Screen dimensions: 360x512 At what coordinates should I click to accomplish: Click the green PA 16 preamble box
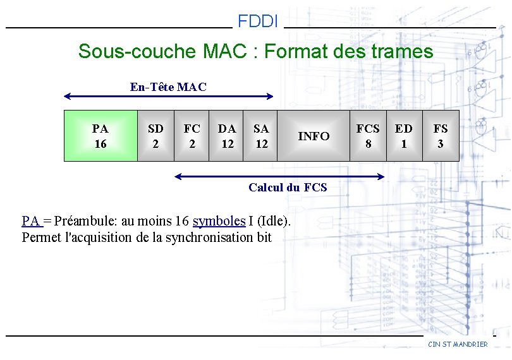click(101, 136)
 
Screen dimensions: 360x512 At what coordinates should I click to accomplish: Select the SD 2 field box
click(155, 136)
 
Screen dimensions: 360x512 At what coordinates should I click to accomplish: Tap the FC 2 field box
click(192, 136)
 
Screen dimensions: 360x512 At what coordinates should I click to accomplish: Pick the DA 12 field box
click(227, 136)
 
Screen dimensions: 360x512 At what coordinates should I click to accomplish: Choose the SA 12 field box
click(261, 136)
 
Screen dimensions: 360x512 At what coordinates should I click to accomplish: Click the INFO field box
click(314, 136)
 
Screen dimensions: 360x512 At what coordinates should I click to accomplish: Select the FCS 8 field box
click(368, 136)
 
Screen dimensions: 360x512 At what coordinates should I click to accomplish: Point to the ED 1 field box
click(404, 136)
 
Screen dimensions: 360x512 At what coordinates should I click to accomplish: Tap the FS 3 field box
click(441, 136)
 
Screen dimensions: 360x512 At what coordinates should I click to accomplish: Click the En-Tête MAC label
click(168, 87)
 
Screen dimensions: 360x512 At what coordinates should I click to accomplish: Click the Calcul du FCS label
click(288, 187)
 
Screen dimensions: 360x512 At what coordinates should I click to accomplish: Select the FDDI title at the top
click(258, 22)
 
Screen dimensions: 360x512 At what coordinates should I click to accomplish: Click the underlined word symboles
click(219, 221)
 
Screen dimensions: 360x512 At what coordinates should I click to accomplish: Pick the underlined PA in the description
click(30, 221)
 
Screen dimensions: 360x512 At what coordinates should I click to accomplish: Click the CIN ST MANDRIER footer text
click(458, 344)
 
